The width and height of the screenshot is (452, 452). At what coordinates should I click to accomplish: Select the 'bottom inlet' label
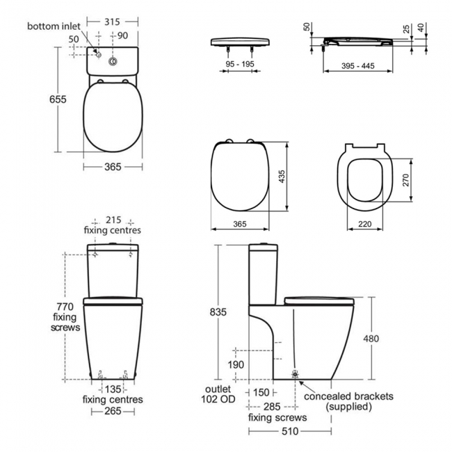[54, 26]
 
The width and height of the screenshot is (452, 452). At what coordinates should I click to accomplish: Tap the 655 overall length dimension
[58, 99]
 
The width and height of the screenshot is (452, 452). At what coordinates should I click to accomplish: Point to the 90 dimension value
[122, 35]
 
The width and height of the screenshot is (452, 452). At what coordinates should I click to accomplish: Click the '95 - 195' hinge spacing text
[239, 63]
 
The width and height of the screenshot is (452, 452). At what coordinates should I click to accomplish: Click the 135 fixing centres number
[113, 389]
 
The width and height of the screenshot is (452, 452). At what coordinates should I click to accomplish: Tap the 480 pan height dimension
[374, 339]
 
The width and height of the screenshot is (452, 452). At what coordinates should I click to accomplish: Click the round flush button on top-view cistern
[112, 62]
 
